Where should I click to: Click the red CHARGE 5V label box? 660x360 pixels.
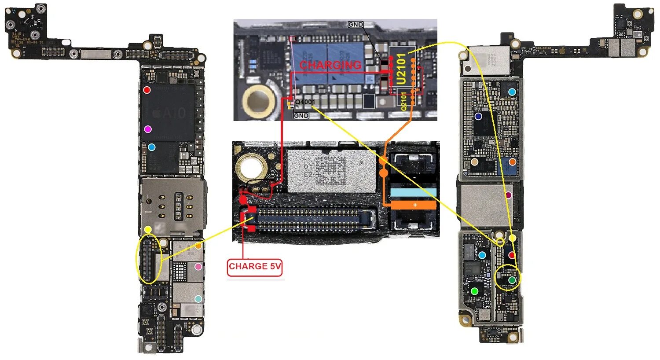point(255,267)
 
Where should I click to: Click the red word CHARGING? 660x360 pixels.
point(330,65)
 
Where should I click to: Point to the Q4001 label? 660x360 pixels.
point(305,102)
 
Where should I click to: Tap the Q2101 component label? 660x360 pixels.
point(403,101)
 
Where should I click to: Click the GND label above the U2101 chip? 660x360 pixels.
point(356,25)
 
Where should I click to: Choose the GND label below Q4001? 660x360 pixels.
point(301,116)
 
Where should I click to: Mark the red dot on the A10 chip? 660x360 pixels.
point(147,90)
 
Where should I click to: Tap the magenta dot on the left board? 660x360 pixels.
point(148,129)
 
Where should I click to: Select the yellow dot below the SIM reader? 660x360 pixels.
point(148,229)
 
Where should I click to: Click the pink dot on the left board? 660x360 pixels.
point(198,266)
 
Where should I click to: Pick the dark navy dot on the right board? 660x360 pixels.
point(478,117)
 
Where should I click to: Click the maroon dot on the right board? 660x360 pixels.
point(509,195)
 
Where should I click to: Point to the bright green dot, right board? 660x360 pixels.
point(474,291)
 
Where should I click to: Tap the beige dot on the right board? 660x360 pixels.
point(474,162)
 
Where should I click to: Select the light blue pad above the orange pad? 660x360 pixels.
point(413,192)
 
